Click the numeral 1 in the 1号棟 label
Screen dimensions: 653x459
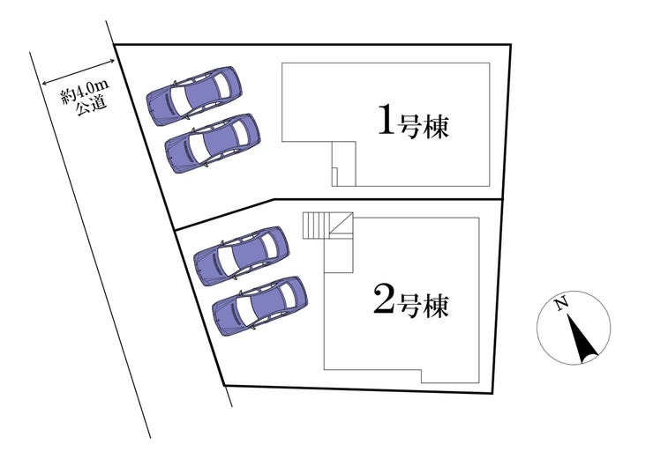[x=386, y=120]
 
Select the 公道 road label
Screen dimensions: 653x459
[x=92, y=107]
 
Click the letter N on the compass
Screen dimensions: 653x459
[x=562, y=304]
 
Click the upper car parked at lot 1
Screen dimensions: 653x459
[x=193, y=96]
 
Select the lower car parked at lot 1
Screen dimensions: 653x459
[x=212, y=143]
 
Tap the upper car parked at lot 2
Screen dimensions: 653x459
[x=242, y=256]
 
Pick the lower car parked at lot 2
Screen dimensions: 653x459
[x=259, y=306]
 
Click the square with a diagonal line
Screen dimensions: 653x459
[x=342, y=224]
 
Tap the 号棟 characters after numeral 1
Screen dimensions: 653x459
[x=423, y=126]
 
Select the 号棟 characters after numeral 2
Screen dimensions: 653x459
[x=423, y=306]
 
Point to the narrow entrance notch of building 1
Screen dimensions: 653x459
[x=343, y=164]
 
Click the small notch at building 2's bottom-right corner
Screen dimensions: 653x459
[x=450, y=376]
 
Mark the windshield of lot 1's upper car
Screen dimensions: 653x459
[x=180, y=100]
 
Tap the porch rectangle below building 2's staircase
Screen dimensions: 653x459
[x=339, y=254]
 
